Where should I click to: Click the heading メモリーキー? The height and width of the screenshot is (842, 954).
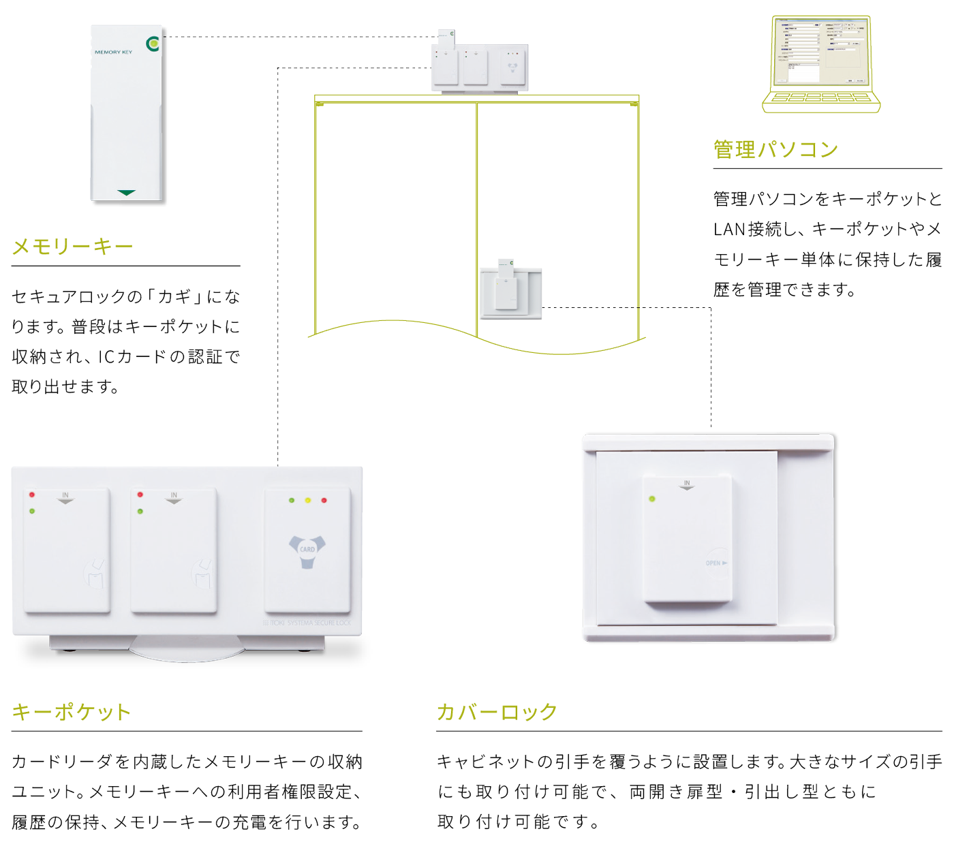[x=72, y=246]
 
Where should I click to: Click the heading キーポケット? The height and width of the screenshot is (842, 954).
[x=71, y=712]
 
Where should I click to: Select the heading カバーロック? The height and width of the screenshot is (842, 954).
[x=497, y=712]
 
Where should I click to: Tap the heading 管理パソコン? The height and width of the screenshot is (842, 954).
[x=775, y=149]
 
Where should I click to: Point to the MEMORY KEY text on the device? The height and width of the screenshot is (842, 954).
[x=113, y=52]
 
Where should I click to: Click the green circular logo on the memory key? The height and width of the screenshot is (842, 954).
[x=153, y=44]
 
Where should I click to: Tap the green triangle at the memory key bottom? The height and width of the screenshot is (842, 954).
[x=126, y=193]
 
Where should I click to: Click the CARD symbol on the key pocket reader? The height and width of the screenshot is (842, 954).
[x=307, y=549]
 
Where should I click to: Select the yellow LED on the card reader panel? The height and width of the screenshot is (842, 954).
[x=308, y=501]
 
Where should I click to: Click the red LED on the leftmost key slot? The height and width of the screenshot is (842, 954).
[x=32, y=495]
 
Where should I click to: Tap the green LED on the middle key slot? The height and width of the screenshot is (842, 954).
[x=140, y=511]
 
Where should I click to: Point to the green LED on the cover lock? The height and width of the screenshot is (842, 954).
[x=652, y=499]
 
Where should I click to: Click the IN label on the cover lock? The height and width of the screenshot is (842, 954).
[x=687, y=483]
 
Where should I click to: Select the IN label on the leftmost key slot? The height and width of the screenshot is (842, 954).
[x=65, y=495]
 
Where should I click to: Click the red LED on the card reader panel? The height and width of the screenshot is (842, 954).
[x=324, y=501]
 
